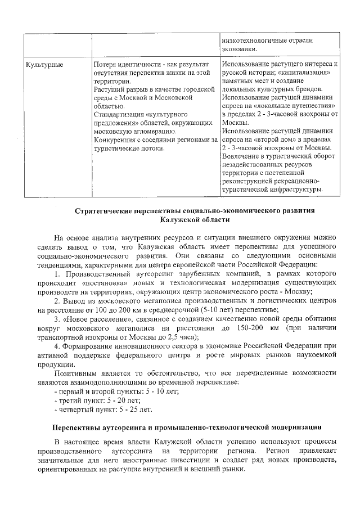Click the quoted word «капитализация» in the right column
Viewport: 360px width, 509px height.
click(306, 73)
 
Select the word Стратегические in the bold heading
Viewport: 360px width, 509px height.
click(106, 211)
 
